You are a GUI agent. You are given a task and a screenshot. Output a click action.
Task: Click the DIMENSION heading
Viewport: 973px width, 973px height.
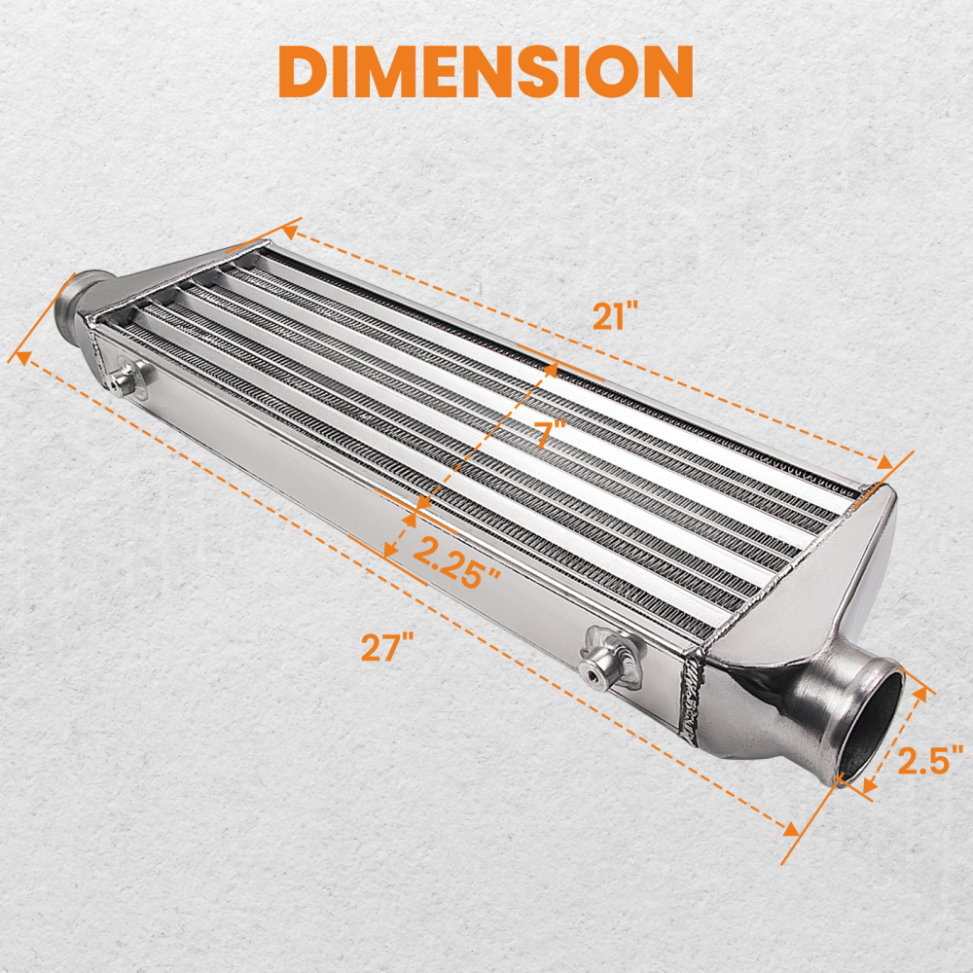click(486, 70)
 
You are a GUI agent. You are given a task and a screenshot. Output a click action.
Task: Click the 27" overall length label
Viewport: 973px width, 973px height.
click(388, 646)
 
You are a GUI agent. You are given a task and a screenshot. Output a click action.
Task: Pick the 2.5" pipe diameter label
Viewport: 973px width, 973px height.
click(929, 758)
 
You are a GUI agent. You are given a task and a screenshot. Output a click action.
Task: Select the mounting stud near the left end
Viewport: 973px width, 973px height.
click(123, 380)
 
